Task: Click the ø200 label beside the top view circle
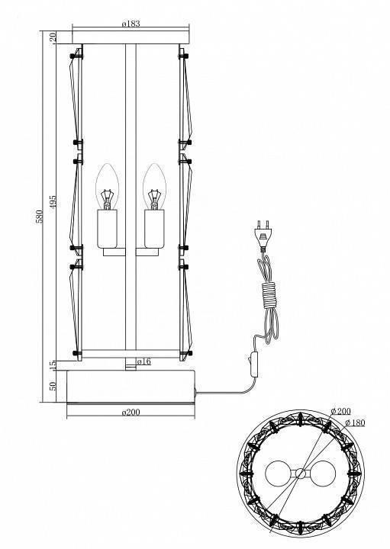pos(341,410)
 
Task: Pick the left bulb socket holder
pos(108,230)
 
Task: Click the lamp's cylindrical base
pos(133,385)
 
